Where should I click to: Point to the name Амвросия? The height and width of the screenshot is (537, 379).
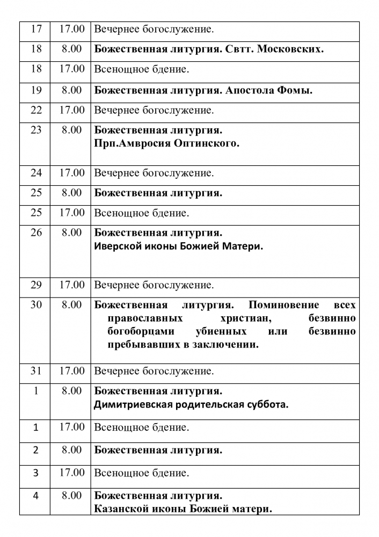[136, 143]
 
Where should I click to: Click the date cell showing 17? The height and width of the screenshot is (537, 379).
[36, 29]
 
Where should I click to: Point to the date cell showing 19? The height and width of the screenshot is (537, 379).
[36, 90]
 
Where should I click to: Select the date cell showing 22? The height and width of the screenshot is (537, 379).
[36, 111]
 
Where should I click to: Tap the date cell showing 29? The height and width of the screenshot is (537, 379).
[36, 285]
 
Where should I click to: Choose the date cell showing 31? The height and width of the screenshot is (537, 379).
[36, 371]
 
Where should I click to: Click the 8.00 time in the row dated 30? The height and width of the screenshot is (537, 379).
[71, 305]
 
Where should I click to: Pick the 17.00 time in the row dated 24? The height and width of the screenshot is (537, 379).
[71, 173]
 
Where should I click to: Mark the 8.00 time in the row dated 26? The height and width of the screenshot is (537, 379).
[71, 233]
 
